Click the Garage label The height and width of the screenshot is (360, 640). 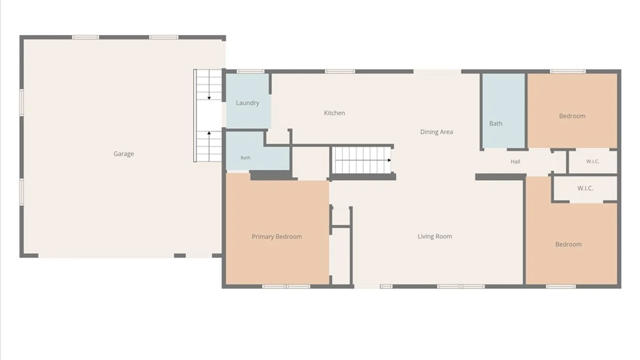click(124, 154)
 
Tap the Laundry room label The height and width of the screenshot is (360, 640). click(247, 103)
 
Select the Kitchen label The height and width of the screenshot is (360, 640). click(334, 113)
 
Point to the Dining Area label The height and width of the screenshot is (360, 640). click(436, 132)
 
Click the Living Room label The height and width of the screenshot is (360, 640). click(435, 236)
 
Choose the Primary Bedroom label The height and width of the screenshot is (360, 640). click(277, 237)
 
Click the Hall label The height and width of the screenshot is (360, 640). click(515, 162)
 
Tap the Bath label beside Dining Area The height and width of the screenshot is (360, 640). click(496, 123)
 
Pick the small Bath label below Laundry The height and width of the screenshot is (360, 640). click(245, 158)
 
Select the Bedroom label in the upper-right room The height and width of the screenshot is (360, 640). click(572, 116)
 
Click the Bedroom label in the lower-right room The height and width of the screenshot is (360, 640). click(568, 244)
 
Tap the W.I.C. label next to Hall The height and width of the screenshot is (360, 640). click(593, 161)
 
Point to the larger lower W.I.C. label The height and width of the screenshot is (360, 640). click(585, 188)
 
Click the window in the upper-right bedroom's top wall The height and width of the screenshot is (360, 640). click(568, 71)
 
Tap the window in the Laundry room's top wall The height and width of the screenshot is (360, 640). click(250, 71)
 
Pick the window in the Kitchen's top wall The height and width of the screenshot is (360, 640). click(340, 71)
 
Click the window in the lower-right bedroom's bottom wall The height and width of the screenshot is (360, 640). click(561, 286)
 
